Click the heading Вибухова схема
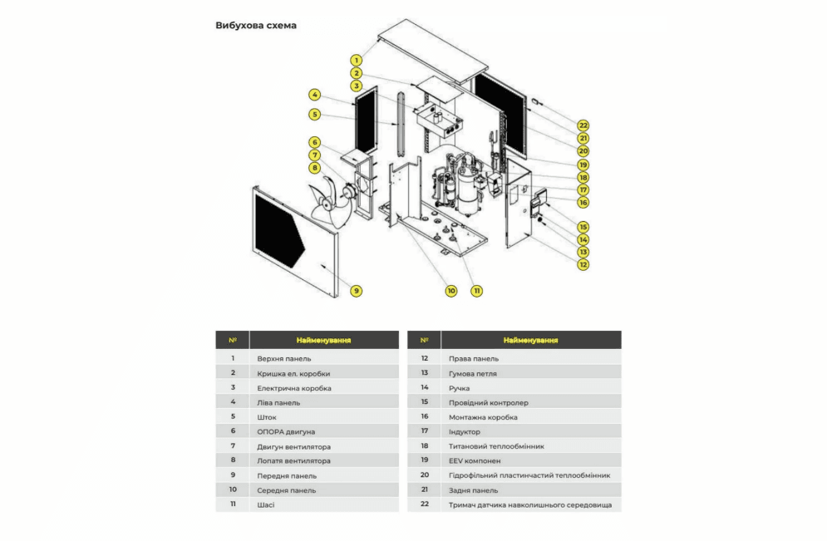255,26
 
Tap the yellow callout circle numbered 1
356,60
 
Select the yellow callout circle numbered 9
356,291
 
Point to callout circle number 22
583,125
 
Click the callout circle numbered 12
583,264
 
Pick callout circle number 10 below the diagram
451,291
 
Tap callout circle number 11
477,291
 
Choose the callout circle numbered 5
315,114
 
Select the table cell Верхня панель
284,358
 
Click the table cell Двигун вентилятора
293,446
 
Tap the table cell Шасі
266,504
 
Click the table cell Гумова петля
472,373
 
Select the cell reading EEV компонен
476,460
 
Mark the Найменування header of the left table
323,340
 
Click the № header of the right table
424,340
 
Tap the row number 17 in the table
424,431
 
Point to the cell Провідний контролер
488,402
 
